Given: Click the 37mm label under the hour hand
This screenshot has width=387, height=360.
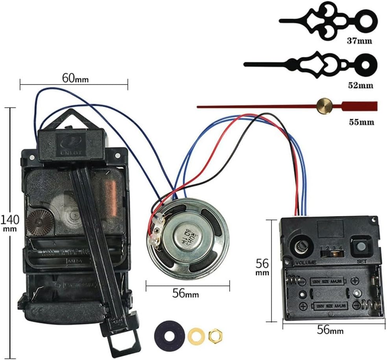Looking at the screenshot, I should [359, 41].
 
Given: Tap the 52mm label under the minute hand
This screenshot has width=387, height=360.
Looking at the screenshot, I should [360, 85].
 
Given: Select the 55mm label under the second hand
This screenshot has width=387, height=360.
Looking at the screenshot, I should [361, 122].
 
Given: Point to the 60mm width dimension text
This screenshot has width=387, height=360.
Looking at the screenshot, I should [75, 78].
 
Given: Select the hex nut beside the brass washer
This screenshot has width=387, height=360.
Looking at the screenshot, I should [215, 335].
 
